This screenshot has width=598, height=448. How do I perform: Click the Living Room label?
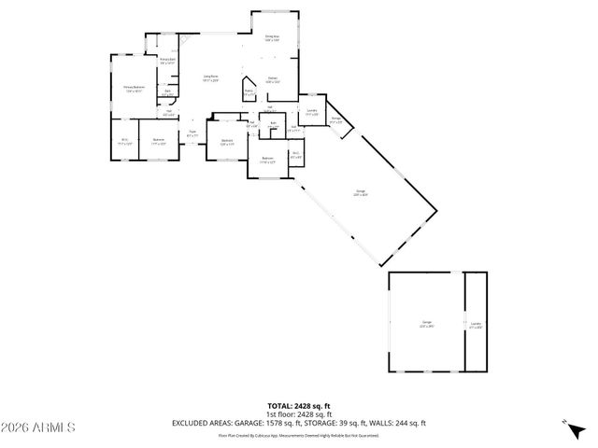click(x=211, y=78)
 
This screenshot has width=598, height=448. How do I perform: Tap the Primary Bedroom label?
click(x=135, y=88)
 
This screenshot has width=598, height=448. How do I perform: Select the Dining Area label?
click(x=272, y=38)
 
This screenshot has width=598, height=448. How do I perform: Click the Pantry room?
click(x=249, y=92)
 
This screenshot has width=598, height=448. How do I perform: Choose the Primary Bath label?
click(x=167, y=61)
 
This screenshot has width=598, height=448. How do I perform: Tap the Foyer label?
click(x=192, y=133)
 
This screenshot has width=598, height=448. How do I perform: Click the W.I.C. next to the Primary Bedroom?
click(x=124, y=141)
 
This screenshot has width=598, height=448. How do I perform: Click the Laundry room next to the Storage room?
click(x=312, y=112)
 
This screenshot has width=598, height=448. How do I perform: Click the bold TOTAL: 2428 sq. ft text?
click(x=299, y=405)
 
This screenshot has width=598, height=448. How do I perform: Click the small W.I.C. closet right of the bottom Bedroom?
click(x=295, y=157)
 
